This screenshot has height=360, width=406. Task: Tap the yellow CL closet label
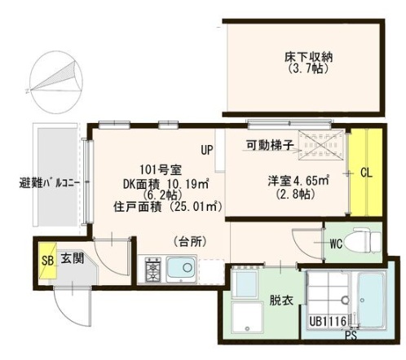(x=366, y=173)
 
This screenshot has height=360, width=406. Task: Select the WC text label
(x=334, y=242)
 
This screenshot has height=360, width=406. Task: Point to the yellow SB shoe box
(x=47, y=261)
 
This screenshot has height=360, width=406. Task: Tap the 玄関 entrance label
(x=70, y=258)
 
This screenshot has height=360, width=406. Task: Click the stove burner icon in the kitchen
(x=152, y=268)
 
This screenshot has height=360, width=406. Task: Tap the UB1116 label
(x=327, y=322)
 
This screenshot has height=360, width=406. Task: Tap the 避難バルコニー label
(x=48, y=182)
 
